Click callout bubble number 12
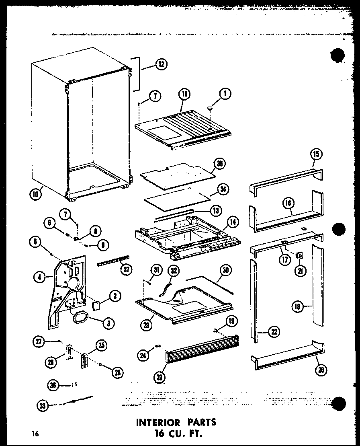(162, 64)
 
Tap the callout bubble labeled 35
(220, 163)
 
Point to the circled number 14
(232, 222)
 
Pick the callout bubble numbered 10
(35, 194)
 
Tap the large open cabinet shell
(80, 129)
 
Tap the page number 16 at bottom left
(36, 434)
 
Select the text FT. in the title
(195, 434)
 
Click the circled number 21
(299, 271)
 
